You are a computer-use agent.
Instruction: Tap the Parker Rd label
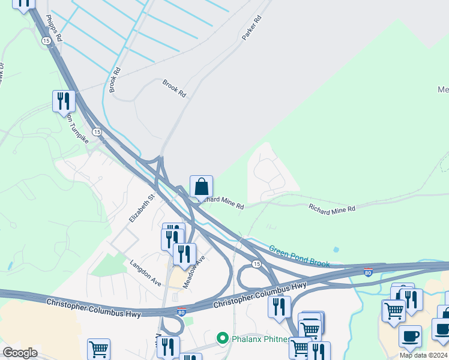[252, 28]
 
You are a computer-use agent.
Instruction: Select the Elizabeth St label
[142, 207]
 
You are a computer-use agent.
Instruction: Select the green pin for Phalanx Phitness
[222, 339]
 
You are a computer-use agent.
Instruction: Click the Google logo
[20, 353]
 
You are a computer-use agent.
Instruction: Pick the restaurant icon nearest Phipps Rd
[63, 101]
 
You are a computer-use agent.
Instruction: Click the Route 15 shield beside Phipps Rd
[46, 40]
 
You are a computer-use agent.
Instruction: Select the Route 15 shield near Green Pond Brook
[256, 264]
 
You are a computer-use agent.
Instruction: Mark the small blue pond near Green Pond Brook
[336, 249]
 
